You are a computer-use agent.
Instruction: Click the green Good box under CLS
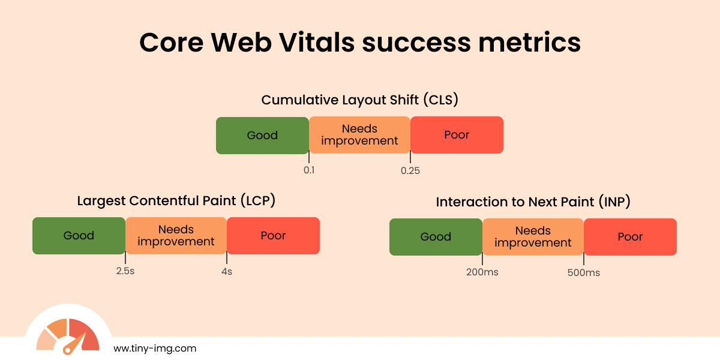(x=262, y=135)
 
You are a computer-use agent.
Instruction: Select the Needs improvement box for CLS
(x=359, y=135)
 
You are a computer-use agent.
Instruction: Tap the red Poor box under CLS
(x=457, y=135)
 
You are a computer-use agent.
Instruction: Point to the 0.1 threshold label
(x=309, y=170)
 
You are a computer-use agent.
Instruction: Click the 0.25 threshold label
(x=410, y=170)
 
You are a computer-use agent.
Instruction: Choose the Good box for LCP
(x=79, y=236)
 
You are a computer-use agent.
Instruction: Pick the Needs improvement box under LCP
(x=176, y=236)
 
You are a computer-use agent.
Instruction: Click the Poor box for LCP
(x=273, y=236)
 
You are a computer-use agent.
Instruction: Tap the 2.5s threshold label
(x=125, y=271)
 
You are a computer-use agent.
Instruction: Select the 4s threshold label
(x=227, y=271)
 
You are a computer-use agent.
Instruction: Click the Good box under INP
(x=436, y=237)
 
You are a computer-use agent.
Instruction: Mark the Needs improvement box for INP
(x=533, y=237)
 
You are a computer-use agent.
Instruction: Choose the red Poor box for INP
(x=630, y=237)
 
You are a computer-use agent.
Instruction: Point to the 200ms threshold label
(x=482, y=272)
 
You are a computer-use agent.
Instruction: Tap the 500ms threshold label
(x=584, y=272)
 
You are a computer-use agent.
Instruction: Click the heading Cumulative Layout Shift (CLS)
(x=360, y=100)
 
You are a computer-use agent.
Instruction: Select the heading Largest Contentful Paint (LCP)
(x=176, y=201)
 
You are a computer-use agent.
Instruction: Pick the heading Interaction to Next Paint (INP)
(x=533, y=202)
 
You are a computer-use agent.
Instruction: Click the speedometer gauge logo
(x=68, y=336)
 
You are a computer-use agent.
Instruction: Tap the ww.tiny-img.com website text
(x=155, y=348)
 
